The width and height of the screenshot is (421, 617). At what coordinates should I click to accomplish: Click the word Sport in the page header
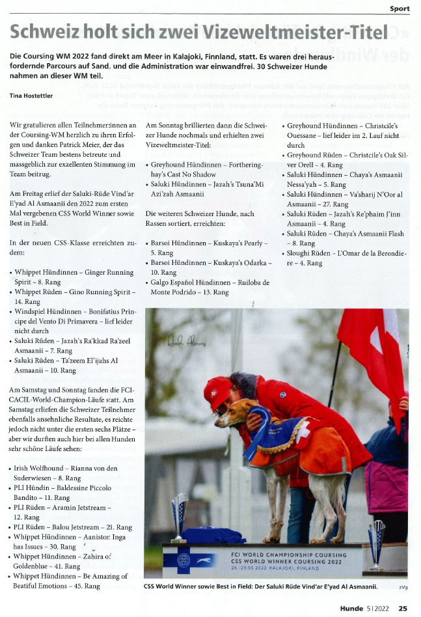399,8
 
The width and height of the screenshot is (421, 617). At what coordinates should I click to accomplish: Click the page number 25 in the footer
403,609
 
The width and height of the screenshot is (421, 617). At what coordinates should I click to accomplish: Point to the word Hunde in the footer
354,609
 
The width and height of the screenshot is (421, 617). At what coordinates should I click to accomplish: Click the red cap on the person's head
217,391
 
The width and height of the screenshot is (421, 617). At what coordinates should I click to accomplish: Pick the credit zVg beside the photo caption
403,587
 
